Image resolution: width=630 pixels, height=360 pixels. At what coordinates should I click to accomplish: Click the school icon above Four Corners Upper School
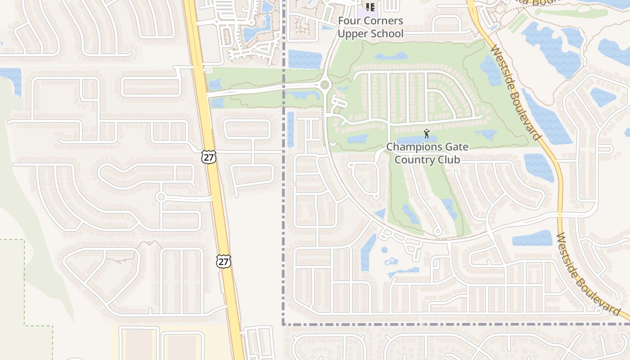[370, 7]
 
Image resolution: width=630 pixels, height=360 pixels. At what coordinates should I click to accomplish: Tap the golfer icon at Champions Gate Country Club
[427, 134]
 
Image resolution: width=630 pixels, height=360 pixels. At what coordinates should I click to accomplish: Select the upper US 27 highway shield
[209, 157]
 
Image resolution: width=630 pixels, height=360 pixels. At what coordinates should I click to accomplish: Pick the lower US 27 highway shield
[223, 261]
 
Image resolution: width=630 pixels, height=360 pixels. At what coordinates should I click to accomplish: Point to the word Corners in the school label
[386, 21]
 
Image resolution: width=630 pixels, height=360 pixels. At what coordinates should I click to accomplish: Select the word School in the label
[386, 34]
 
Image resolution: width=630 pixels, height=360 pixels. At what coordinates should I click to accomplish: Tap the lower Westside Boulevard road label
[587, 274]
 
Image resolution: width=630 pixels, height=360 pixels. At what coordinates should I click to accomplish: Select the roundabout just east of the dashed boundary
[324, 85]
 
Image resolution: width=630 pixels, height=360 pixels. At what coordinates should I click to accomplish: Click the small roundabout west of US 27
[161, 197]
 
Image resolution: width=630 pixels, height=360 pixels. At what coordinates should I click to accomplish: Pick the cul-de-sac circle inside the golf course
[436, 231]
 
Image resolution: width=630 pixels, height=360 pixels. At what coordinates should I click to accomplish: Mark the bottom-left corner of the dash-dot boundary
[283, 324]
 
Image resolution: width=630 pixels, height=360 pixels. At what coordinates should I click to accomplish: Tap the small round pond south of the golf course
[384, 250]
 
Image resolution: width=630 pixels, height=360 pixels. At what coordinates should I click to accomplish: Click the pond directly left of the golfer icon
[410, 139]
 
